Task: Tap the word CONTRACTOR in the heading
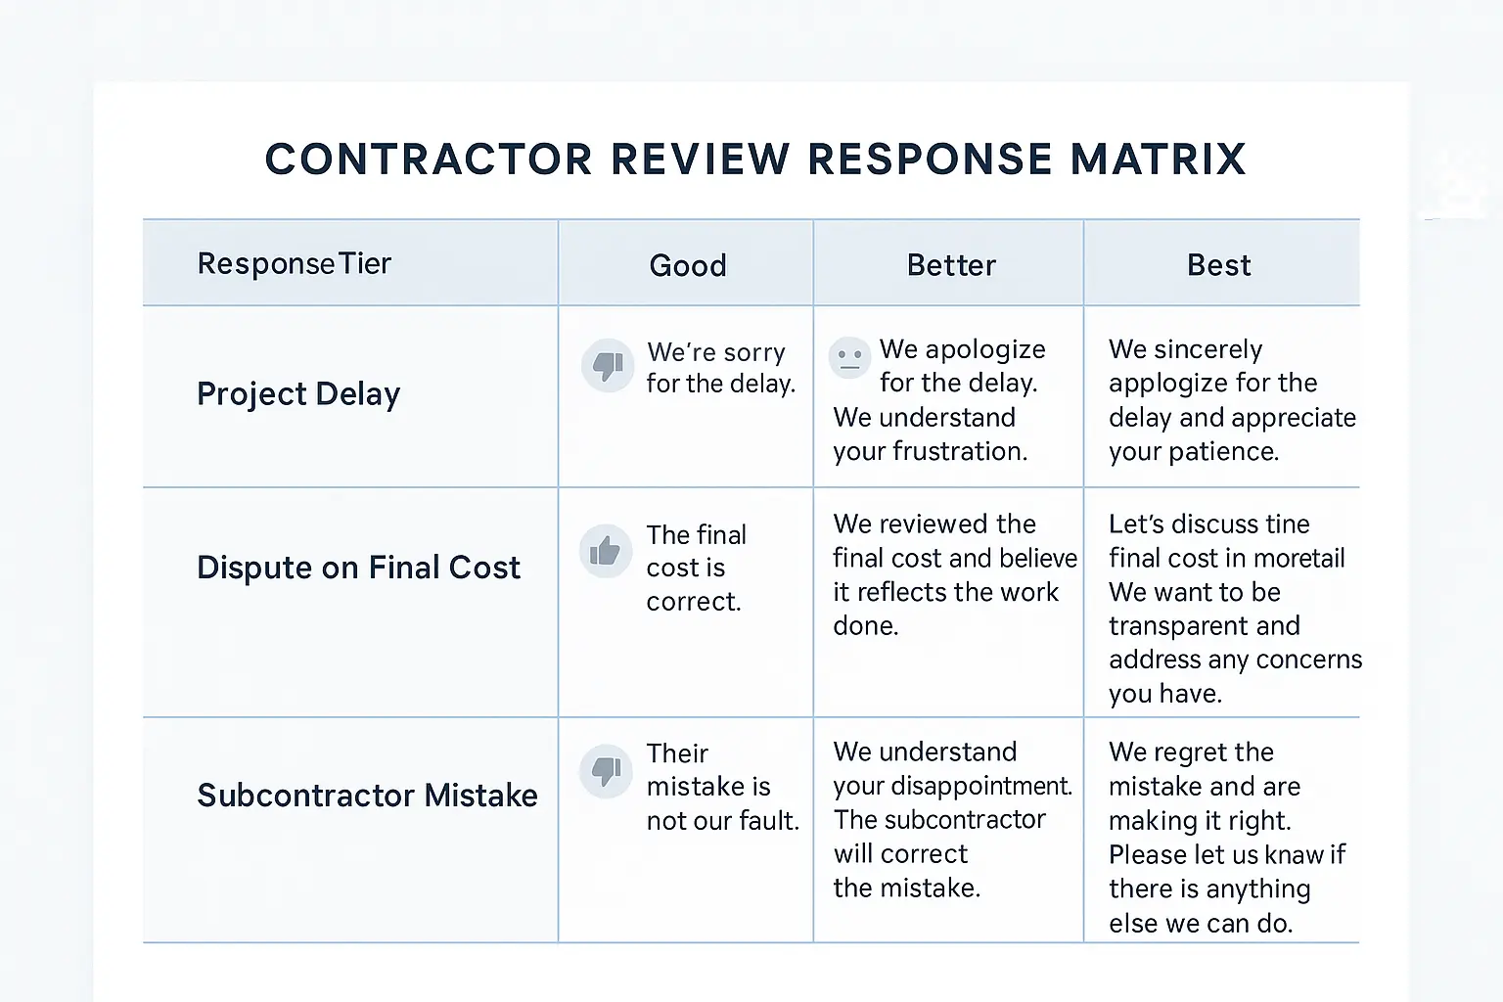(x=429, y=159)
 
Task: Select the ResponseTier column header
(x=294, y=263)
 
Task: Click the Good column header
(x=687, y=265)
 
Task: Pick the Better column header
(x=951, y=265)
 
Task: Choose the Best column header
(x=1218, y=265)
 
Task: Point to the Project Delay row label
(x=298, y=393)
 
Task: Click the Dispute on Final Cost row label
(x=358, y=568)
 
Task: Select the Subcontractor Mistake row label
(x=367, y=795)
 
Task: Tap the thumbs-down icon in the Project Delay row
(x=608, y=366)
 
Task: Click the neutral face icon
(x=849, y=357)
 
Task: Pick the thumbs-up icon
(x=606, y=551)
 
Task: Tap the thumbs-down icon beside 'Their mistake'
(x=606, y=770)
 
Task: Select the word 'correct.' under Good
(x=693, y=601)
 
